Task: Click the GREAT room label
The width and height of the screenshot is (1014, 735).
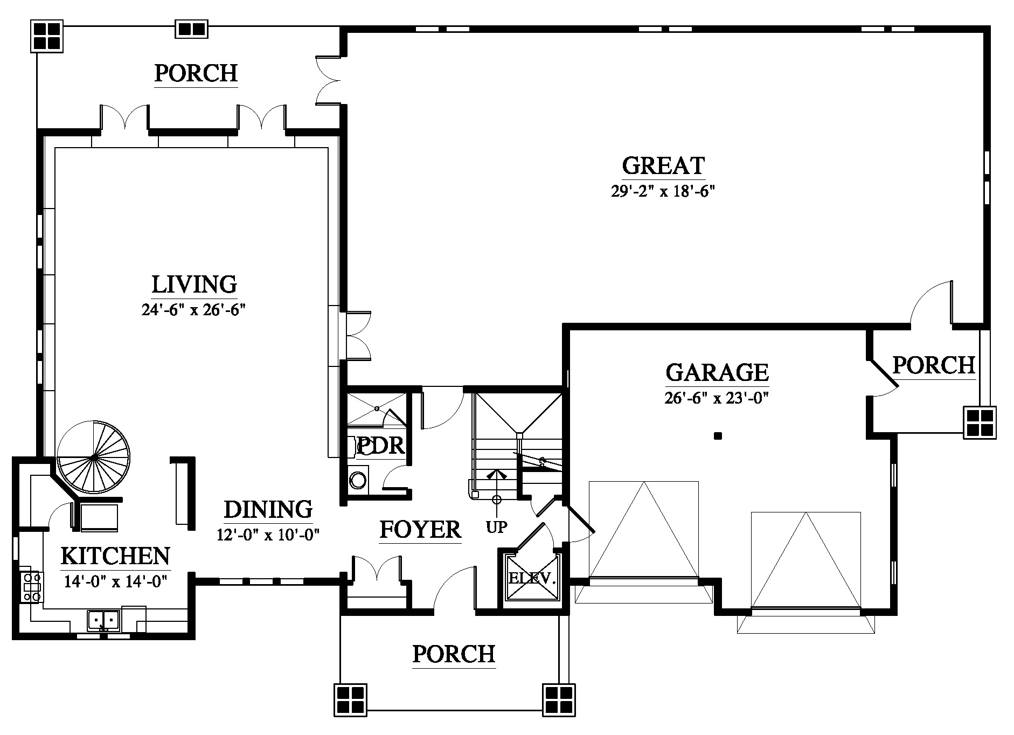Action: click(x=663, y=166)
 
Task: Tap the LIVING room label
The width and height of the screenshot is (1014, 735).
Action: click(x=194, y=284)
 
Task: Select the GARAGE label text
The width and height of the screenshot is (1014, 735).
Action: click(x=717, y=372)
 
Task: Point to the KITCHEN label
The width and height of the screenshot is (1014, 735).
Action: click(x=115, y=556)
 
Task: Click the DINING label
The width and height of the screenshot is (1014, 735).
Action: click(x=268, y=509)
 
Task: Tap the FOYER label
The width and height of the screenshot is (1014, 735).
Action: click(x=420, y=530)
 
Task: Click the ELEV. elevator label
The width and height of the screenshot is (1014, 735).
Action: click(x=532, y=579)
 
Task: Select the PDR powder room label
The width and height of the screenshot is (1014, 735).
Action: click(x=381, y=446)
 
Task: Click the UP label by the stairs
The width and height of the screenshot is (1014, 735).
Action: click(x=496, y=526)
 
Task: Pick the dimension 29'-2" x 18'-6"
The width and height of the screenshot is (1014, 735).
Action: click(x=663, y=191)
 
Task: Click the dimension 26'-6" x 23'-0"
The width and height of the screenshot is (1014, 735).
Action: click(x=717, y=398)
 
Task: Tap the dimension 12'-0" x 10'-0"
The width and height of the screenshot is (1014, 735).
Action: click(x=268, y=535)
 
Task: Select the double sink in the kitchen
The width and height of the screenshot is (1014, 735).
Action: click(x=103, y=620)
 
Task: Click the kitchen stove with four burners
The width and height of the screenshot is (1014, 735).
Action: click(x=32, y=586)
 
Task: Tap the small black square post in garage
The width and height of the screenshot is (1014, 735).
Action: click(x=717, y=436)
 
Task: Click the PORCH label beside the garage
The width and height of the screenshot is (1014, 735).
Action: click(x=934, y=365)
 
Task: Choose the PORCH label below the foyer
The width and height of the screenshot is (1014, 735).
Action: click(x=454, y=654)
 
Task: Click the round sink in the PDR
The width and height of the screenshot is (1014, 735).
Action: click(x=357, y=480)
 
